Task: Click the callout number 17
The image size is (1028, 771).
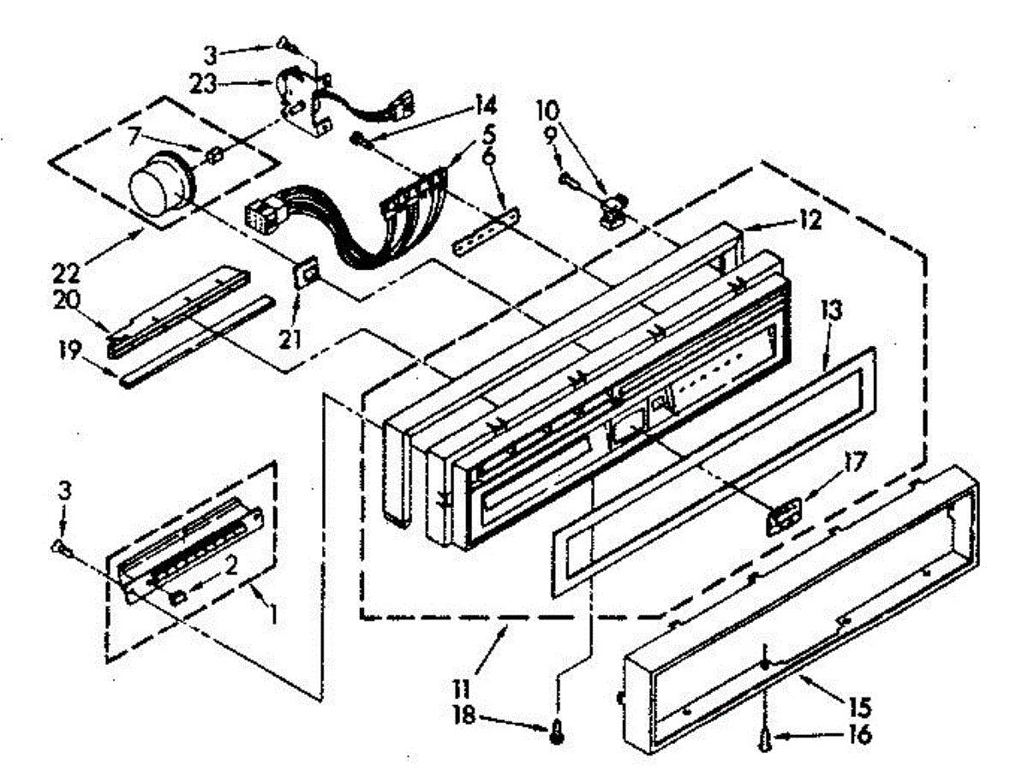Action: coord(854,468)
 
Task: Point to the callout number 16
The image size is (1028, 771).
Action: coord(860,735)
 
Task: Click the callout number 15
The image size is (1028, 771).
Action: coord(860,708)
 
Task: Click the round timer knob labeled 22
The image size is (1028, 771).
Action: coord(155,187)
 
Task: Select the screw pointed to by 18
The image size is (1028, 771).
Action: coord(558,731)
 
